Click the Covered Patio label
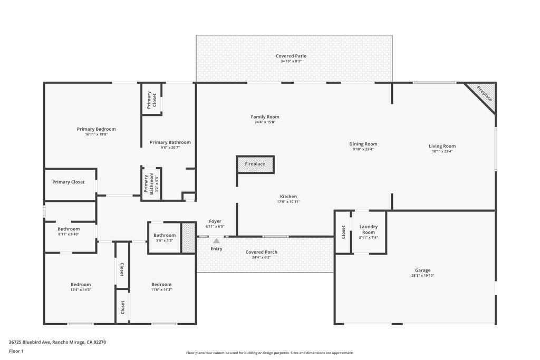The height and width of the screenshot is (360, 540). click(x=291, y=56)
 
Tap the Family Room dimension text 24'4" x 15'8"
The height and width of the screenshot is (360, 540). click(x=265, y=122)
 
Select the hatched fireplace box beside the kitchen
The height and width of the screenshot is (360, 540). click(x=255, y=164)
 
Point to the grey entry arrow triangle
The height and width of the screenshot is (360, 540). click(x=216, y=241)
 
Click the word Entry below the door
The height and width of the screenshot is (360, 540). click(x=216, y=248)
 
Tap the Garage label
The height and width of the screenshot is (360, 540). click(x=422, y=270)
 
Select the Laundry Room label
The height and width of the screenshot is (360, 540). click(x=369, y=229)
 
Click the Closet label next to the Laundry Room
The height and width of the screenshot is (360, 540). click(x=343, y=232)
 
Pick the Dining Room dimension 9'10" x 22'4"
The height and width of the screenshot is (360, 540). click(x=363, y=149)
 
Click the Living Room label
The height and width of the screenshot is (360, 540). click(x=442, y=146)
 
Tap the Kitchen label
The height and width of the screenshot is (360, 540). click(x=288, y=197)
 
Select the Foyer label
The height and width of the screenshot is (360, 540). click(x=215, y=221)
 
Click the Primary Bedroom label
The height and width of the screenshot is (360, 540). click(x=96, y=129)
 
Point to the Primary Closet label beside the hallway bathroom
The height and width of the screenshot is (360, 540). click(x=68, y=182)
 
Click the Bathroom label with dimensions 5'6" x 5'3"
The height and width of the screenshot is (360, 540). click(x=165, y=236)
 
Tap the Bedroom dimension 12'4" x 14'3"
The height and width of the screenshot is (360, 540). click(x=81, y=290)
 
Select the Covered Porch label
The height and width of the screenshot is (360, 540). click(x=262, y=252)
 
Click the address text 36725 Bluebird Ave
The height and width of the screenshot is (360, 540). click(x=30, y=342)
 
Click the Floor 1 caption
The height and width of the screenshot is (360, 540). click(x=16, y=351)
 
